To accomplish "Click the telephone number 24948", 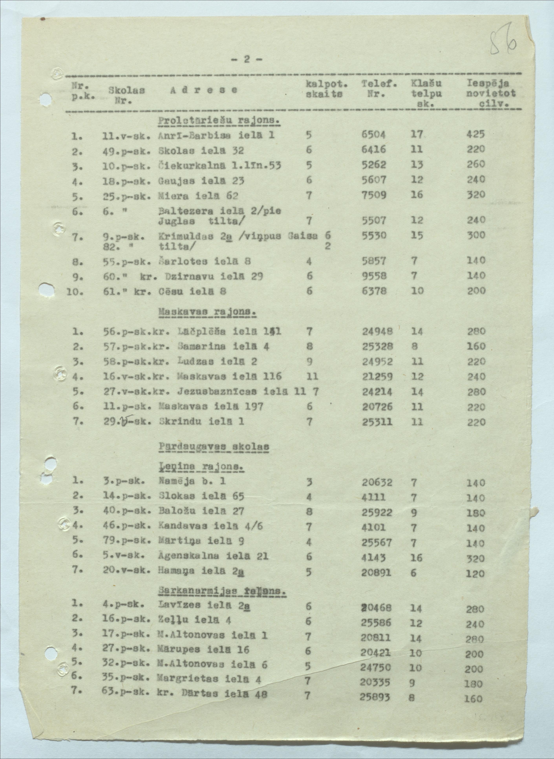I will [x=378, y=331].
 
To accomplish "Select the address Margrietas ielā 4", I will [x=209, y=678].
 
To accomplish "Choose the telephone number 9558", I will [x=374, y=276].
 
